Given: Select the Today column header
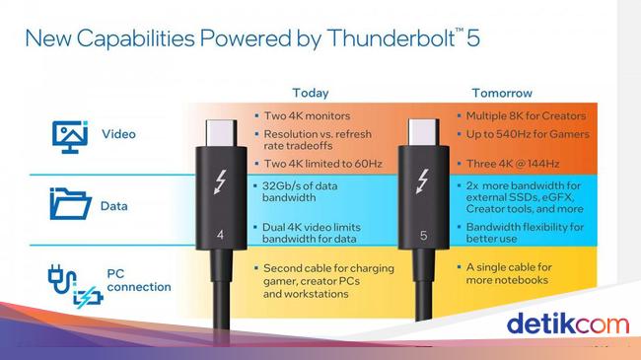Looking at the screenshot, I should point(311,94).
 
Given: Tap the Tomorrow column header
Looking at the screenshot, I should point(503,94).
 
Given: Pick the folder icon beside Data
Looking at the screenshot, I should point(70,206).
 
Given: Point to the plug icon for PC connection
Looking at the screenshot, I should point(68,280).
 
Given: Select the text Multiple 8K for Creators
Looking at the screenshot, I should point(529,116).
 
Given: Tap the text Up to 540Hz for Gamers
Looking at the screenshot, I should point(529,134).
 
